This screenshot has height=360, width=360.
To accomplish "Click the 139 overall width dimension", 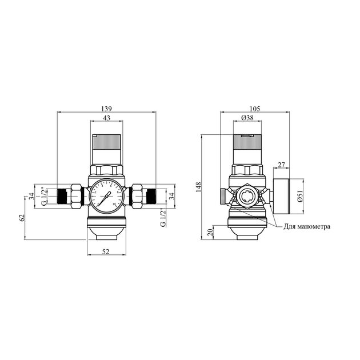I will pyautogui.click(x=107, y=109).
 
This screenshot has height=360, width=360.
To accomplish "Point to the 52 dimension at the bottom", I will pyautogui.click(x=107, y=253).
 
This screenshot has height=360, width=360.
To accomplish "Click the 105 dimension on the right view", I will pyautogui.click(x=255, y=109).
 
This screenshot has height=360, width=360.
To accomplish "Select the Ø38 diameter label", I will pyautogui.click(x=247, y=118).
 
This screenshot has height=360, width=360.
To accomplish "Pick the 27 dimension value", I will pyautogui.click(x=281, y=165).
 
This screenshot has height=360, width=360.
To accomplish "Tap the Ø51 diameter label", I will pyautogui.click(x=301, y=196).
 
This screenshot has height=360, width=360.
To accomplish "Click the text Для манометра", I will pyautogui.click(x=307, y=226).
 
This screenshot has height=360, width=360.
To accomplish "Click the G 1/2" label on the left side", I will pyautogui.click(x=42, y=196).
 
